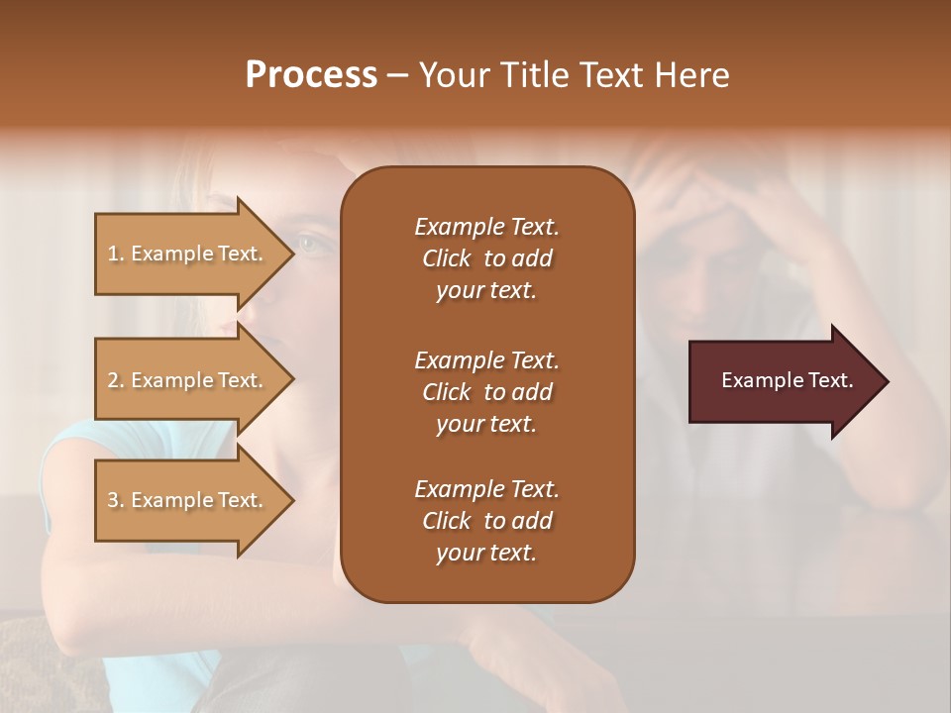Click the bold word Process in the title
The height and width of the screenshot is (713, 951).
click(311, 75)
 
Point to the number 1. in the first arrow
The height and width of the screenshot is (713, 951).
click(115, 254)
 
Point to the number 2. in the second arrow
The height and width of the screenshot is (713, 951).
click(115, 380)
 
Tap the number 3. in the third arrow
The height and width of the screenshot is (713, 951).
click(115, 500)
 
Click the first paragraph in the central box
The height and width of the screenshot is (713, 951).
click(486, 258)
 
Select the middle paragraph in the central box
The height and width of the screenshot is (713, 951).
click(486, 392)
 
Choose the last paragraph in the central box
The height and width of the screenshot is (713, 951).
click(486, 521)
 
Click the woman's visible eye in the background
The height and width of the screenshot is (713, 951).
click(309, 242)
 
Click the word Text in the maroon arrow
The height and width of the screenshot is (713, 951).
click(831, 380)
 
